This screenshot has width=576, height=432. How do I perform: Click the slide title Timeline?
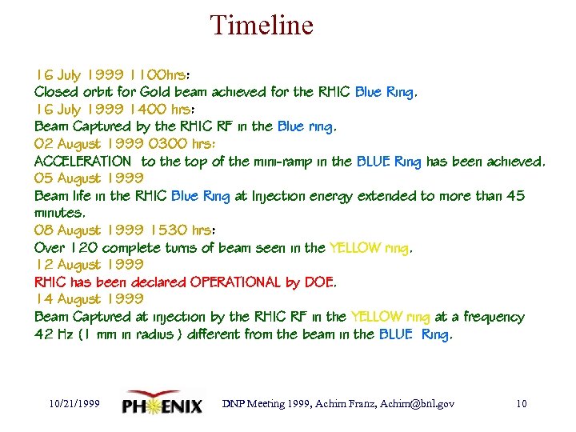pos(262,26)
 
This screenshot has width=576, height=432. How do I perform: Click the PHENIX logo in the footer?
pos(162,404)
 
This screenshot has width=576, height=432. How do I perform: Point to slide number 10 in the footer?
pos(521,404)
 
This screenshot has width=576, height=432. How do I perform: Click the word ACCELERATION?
pos(82,162)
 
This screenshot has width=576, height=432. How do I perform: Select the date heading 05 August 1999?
pos(89,178)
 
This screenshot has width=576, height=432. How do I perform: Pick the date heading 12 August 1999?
pos(89,265)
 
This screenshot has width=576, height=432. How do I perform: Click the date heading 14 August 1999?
pos(89,299)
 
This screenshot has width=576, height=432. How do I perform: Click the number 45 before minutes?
pos(515,196)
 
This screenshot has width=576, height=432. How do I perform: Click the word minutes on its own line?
pos(59,214)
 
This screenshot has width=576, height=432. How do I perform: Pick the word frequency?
pos(494,317)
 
